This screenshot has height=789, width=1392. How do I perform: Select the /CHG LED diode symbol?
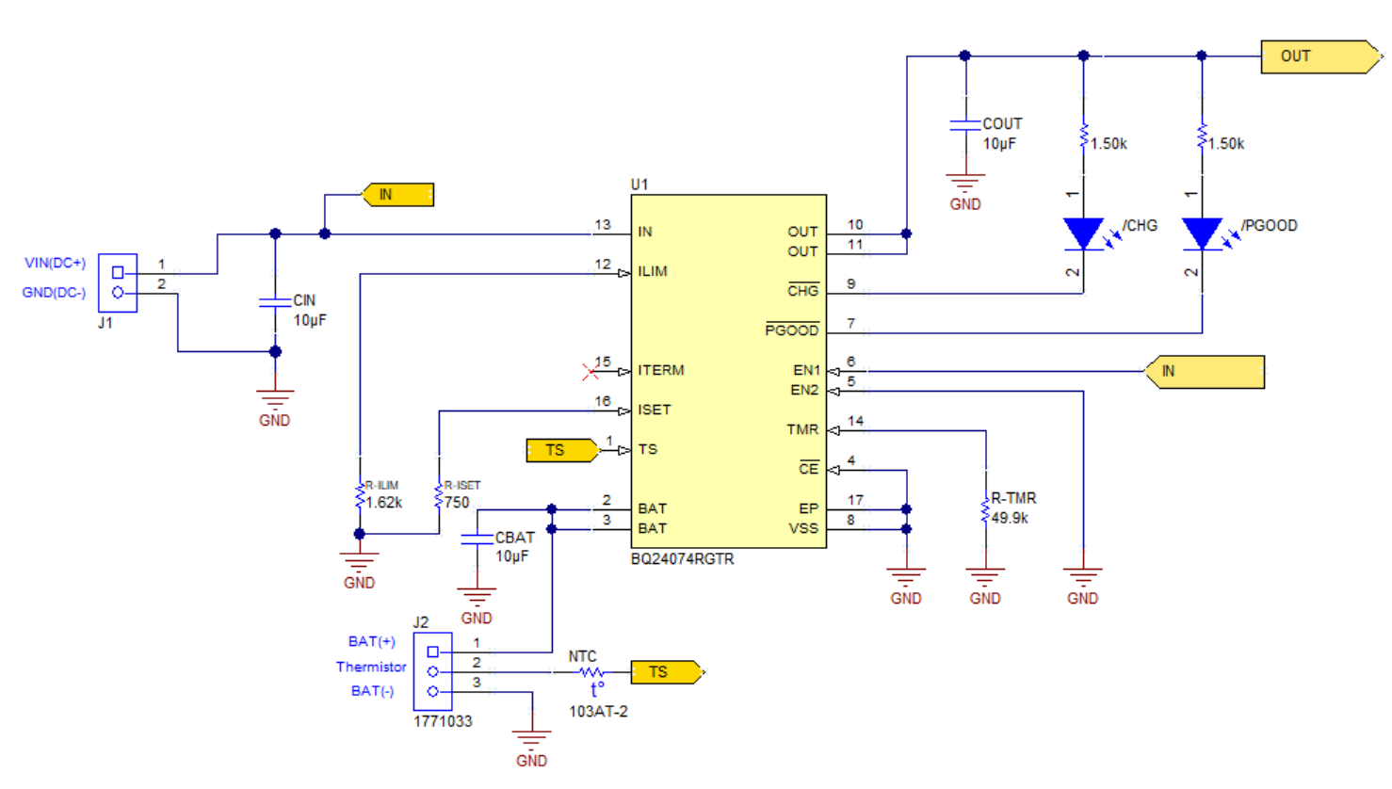tap(1083, 233)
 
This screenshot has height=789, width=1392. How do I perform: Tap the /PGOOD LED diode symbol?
tap(1202, 233)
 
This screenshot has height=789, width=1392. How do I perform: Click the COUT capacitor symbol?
tap(965, 124)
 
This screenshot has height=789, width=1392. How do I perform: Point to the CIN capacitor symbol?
tap(275, 302)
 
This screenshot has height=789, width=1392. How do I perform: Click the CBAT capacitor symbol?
tap(477, 539)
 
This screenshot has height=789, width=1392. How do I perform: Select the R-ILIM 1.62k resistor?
tap(360, 496)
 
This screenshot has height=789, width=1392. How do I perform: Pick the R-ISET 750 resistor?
tap(439, 496)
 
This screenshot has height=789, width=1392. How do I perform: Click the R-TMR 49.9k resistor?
tap(985, 509)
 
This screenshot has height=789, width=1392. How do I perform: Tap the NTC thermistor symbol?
tap(591, 672)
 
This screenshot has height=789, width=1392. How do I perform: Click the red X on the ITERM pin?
tap(590, 372)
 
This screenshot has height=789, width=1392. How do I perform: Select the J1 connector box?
tap(118, 282)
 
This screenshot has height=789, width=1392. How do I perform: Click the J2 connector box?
tap(432, 671)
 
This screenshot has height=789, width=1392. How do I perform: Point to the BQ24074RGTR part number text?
tap(682, 559)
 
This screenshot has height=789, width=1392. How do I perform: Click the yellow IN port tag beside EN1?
tap(1205, 372)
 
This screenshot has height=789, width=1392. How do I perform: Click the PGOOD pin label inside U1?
tap(791, 330)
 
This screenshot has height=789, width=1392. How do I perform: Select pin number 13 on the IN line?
tap(603, 225)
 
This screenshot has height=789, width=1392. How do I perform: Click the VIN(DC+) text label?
tap(55, 263)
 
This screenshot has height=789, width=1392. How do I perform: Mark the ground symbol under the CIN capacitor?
tap(275, 398)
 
